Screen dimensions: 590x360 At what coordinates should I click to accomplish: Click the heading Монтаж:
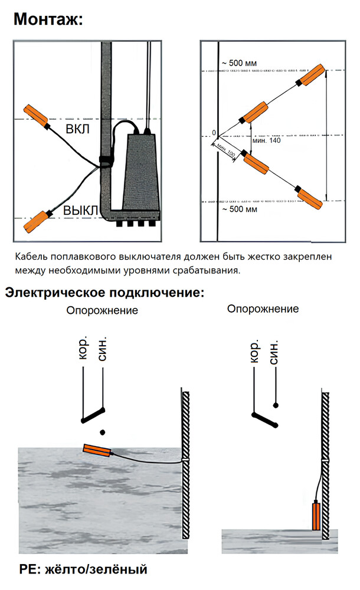pos(48,19)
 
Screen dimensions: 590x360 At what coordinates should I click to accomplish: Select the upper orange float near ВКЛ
pos(37,114)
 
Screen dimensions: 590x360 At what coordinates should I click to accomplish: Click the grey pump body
pos(140,174)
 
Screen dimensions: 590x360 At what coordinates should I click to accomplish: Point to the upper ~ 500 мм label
pos(238,63)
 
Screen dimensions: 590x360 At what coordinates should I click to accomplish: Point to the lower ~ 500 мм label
pos(238,209)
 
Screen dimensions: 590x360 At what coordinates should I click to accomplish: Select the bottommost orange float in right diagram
pos(309,198)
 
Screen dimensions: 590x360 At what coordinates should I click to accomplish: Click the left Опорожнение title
pos(102,310)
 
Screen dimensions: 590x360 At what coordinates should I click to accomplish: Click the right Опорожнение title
pos(263,309)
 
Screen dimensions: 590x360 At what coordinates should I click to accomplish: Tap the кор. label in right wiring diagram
pos(254,352)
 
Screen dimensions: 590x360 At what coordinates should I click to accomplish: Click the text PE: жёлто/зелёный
pos(83,569)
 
